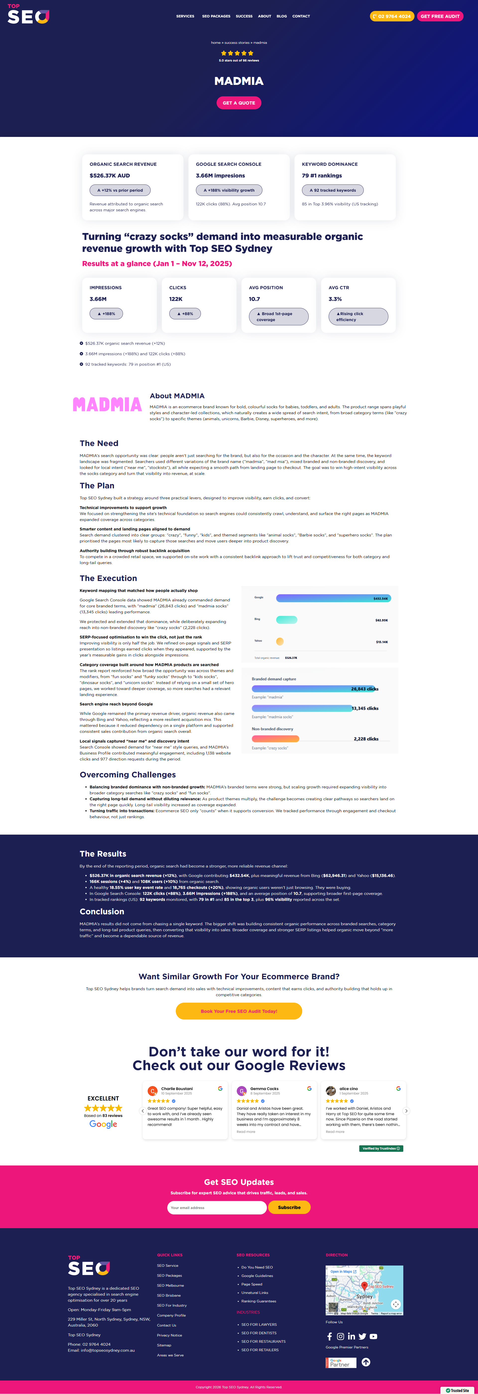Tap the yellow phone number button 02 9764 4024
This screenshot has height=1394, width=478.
point(392,16)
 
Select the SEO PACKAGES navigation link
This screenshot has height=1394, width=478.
point(216,16)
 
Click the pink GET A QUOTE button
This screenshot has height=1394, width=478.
point(239,103)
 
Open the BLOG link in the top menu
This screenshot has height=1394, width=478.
point(282,16)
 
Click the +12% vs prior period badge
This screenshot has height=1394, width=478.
point(120,190)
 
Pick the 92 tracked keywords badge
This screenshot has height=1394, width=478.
point(332,190)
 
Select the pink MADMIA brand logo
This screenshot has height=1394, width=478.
point(107,405)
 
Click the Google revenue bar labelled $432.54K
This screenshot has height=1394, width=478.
point(333,598)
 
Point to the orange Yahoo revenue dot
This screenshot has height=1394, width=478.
point(280,641)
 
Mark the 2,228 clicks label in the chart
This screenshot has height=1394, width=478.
point(366,739)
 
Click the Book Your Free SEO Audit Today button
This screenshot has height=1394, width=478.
point(239,1011)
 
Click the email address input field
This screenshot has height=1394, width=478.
point(217,1207)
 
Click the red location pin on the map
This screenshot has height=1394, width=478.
point(364,1285)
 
